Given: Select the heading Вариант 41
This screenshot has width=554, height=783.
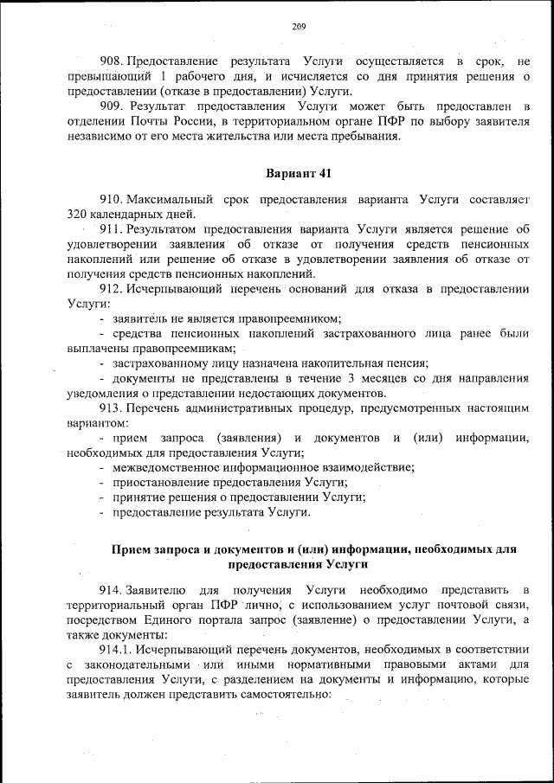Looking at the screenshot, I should (x=300, y=172).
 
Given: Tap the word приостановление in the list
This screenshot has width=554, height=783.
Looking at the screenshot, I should (x=157, y=483).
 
